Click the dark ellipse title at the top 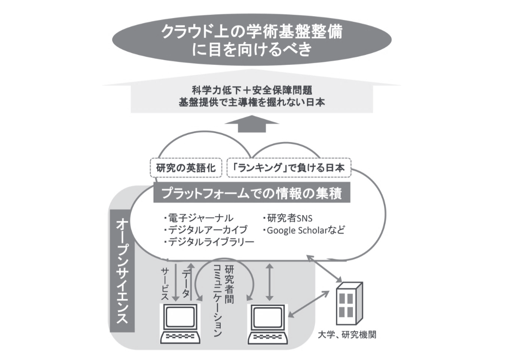(252, 41)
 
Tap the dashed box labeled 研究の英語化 (186, 168)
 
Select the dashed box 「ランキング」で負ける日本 (289, 168)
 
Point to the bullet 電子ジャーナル (198, 218)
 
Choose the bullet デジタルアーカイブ (205, 230)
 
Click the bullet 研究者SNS (287, 218)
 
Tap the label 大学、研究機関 (347, 335)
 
